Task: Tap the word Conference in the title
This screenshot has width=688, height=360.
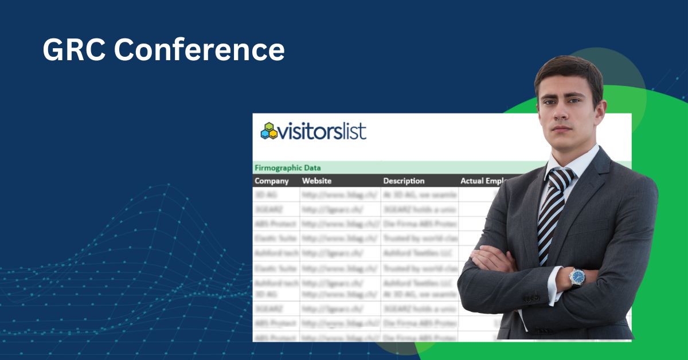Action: [x=199, y=50]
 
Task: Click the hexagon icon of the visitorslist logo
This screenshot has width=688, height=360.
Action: [x=269, y=131]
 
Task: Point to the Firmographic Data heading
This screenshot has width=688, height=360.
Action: [x=288, y=168]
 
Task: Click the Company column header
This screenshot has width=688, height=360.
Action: [x=272, y=181]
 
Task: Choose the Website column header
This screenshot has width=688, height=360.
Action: [x=316, y=181]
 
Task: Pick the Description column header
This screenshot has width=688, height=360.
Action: [x=404, y=181]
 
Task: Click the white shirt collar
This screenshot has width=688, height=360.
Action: [x=582, y=161]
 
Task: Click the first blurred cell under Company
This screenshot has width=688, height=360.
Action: [x=276, y=195]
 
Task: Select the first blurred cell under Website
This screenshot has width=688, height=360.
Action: [x=341, y=195]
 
